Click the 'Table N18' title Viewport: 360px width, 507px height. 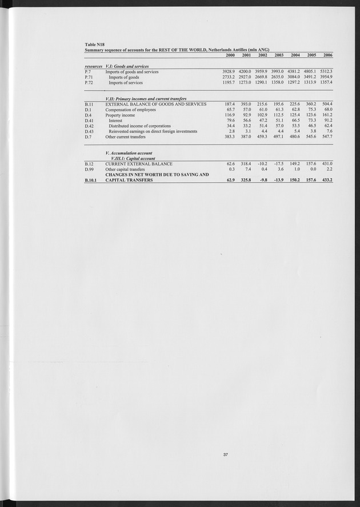point(94,44)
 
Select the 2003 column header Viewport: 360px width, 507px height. point(279,55)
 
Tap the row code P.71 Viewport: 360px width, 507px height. point(89,77)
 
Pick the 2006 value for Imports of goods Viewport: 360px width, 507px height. point(325,77)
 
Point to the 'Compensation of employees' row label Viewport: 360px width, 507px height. point(130,110)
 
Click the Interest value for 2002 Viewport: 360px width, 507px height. point(262,120)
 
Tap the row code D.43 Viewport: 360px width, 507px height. point(89,131)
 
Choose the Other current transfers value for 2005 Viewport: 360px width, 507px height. point(309,137)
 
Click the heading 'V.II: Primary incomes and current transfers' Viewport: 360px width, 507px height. point(146,99)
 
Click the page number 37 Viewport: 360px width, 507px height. point(226,454)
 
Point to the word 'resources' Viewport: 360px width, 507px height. point(93,66)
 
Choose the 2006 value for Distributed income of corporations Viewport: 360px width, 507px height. point(326,126)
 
